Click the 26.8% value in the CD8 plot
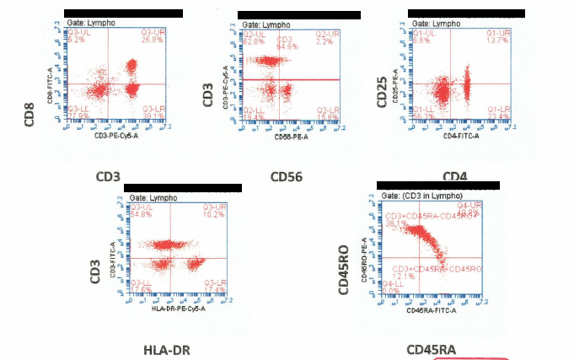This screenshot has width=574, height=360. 153,40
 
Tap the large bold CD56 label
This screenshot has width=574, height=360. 287,177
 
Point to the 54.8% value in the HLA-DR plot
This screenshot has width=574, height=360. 139,214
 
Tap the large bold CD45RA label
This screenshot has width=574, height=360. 431,349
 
